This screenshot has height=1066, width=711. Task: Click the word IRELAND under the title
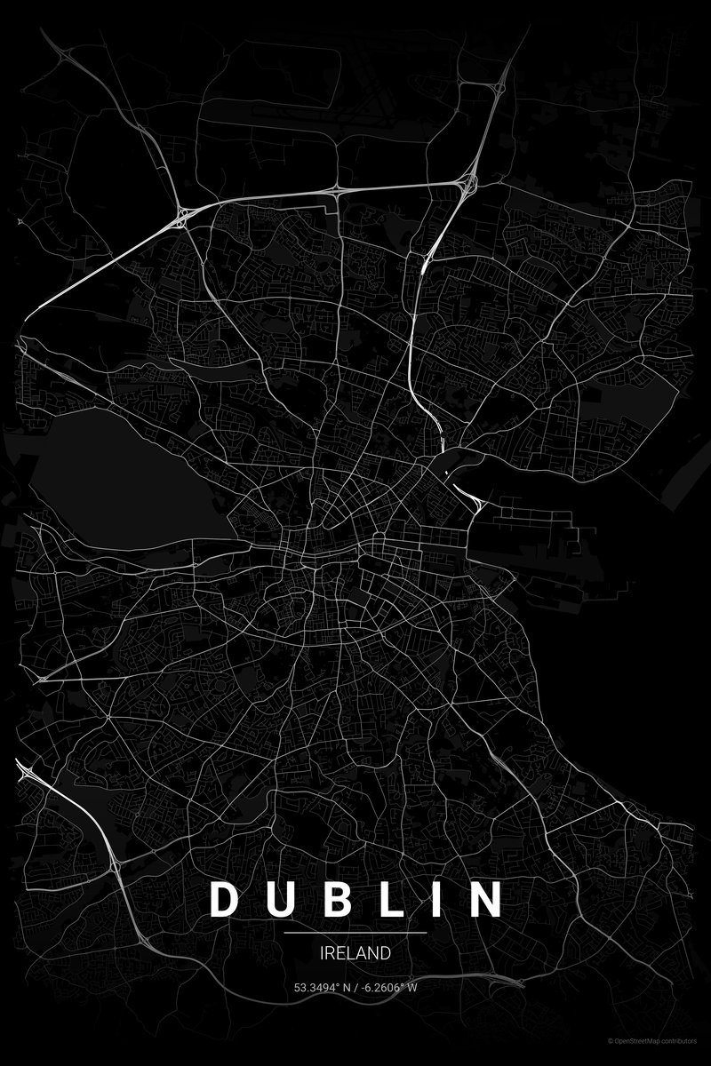[x=355, y=953]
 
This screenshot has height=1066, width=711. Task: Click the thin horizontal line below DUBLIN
[x=355, y=933]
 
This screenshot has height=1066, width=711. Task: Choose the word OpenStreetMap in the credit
[x=645, y=1040]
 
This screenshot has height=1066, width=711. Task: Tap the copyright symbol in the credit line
[x=611, y=1040]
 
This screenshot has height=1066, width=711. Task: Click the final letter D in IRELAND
[x=385, y=953]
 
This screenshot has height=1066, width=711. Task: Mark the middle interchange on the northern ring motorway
[x=337, y=189]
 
